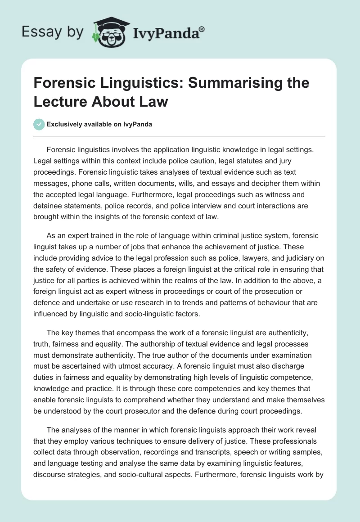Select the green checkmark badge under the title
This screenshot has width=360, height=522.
39,124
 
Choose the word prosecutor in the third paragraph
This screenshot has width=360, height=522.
161,410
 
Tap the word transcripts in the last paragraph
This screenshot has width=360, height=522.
220,454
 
